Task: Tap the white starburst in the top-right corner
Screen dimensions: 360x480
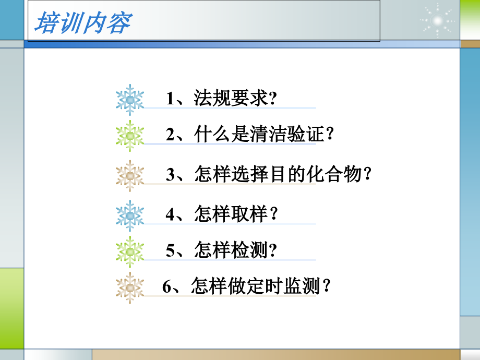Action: [437, 20]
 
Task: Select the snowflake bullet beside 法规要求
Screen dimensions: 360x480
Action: [130, 100]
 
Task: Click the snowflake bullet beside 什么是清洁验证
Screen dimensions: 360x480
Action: [130, 136]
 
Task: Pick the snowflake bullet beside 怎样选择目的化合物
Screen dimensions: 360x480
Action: [130, 176]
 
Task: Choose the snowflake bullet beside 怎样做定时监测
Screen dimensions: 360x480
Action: [130, 287]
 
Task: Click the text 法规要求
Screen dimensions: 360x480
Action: [230, 98]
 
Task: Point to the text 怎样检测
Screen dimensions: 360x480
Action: [230, 250]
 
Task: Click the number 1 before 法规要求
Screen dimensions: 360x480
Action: [170, 99]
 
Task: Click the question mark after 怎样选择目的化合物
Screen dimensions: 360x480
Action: [368, 174]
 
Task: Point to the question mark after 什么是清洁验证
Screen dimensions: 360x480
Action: [328, 135]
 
